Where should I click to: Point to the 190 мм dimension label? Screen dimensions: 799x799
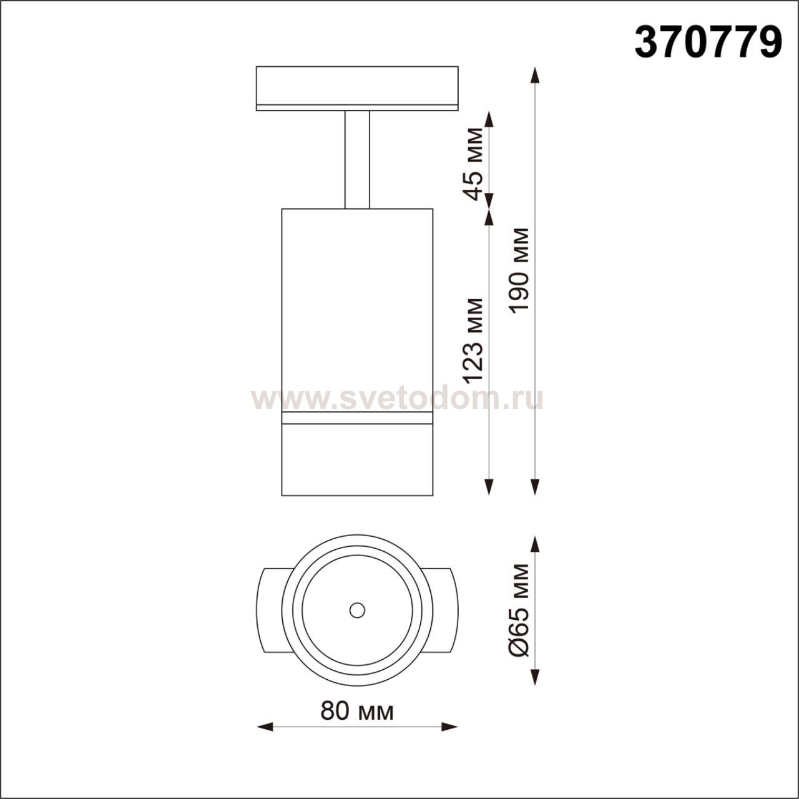coord(519,270)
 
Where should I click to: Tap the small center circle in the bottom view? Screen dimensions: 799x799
coord(357,610)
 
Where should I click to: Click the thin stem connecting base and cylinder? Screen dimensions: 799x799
coord(357,160)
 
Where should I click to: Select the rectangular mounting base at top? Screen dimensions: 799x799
coord(357,88)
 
